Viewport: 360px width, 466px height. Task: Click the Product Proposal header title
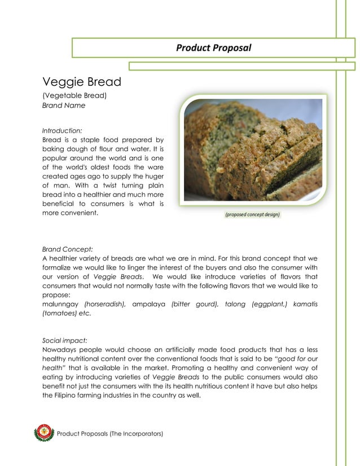tap(213, 47)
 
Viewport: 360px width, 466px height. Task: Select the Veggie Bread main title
tap(81, 82)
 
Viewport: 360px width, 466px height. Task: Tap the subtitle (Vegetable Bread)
tap(74, 95)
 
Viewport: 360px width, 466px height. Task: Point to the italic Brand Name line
tap(64, 105)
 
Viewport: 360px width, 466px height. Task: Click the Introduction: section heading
tap(62, 130)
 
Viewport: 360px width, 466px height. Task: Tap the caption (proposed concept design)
tap(252, 214)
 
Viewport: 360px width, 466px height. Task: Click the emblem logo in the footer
tap(43, 433)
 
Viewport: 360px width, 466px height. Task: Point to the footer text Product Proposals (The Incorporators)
tap(110, 433)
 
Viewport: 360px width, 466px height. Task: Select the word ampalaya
tap(149, 304)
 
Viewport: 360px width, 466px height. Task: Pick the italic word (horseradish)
tap(104, 304)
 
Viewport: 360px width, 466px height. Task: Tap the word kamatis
tap(305, 304)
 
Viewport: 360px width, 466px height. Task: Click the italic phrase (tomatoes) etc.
tap(67, 314)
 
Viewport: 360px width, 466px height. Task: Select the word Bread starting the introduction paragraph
tap(52, 139)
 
